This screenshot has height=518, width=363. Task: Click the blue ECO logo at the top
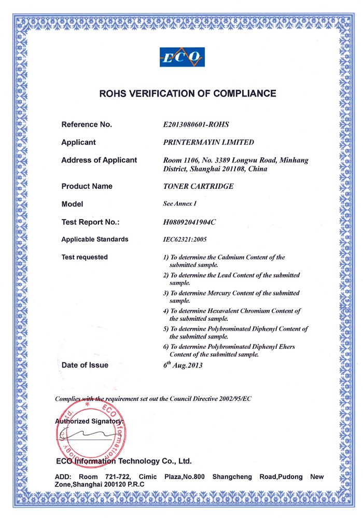(x=181, y=57)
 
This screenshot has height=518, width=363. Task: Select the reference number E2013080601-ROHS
(x=196, y=125)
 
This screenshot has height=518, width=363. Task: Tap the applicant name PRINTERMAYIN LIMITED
(x=208, y=142)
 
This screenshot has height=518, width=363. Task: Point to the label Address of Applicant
(x=99, y=160)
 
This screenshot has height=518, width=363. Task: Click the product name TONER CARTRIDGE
(x=198, y=186)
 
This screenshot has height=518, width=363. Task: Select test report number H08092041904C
(x=189, y=222)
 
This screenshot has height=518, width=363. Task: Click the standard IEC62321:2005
(x=185, y=240)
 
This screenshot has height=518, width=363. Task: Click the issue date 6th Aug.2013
(x=183, y=365)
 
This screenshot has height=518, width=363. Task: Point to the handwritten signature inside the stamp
(x=93, y=434)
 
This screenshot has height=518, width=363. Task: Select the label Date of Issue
(x=85, y=365)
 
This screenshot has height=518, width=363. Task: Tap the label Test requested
(x=85, y=257)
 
